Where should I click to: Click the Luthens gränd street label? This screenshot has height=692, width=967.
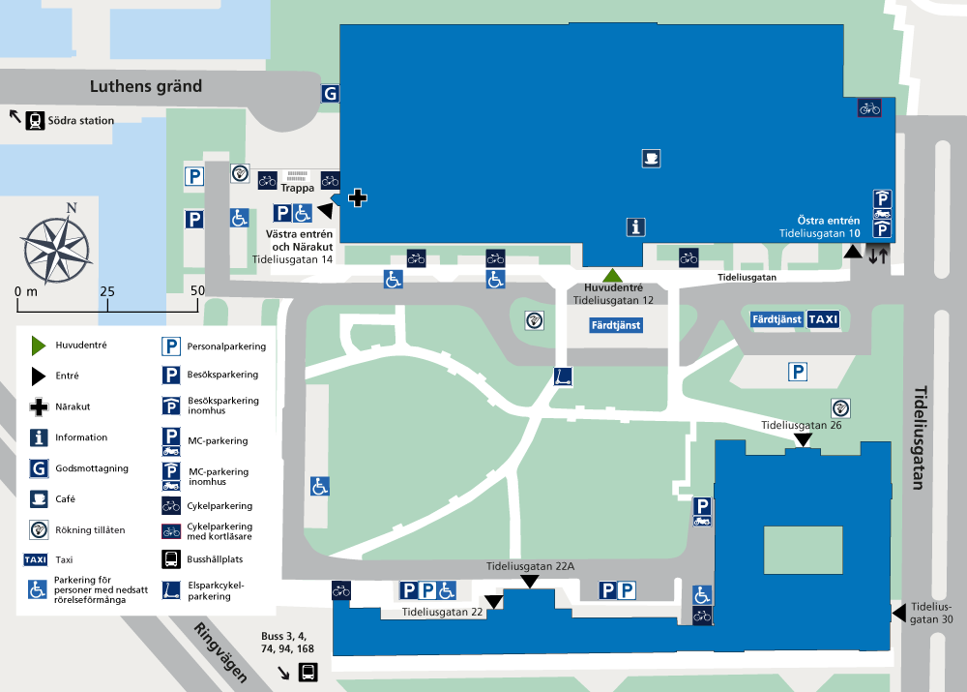146,86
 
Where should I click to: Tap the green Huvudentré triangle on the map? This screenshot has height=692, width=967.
612,276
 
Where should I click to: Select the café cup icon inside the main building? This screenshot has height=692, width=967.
651,159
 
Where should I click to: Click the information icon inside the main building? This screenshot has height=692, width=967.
636,227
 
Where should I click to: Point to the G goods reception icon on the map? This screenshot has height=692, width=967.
330,94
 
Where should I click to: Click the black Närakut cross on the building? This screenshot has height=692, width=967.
358,198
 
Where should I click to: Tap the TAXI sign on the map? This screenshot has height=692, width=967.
823,319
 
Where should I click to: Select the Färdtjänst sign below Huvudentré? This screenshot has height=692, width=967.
616,325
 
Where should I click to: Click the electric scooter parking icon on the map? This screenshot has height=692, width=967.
563,376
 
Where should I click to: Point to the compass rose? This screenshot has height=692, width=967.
57,245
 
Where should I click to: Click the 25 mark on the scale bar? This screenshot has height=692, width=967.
107,291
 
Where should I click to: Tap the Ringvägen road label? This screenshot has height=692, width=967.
221,652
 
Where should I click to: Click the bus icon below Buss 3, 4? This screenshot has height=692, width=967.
308,672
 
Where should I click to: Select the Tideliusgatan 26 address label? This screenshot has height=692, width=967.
801,425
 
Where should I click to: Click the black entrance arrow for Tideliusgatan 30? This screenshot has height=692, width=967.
899,613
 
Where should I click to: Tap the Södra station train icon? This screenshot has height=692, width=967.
35,120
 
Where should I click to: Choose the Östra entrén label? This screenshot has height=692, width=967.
829,221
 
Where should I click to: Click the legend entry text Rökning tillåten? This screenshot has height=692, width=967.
90,529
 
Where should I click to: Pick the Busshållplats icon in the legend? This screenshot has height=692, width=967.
171,559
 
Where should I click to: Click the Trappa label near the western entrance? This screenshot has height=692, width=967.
297,188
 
